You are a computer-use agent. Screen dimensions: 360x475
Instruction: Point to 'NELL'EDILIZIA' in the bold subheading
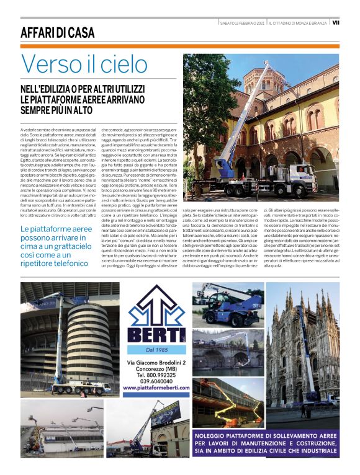pos(51,88)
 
